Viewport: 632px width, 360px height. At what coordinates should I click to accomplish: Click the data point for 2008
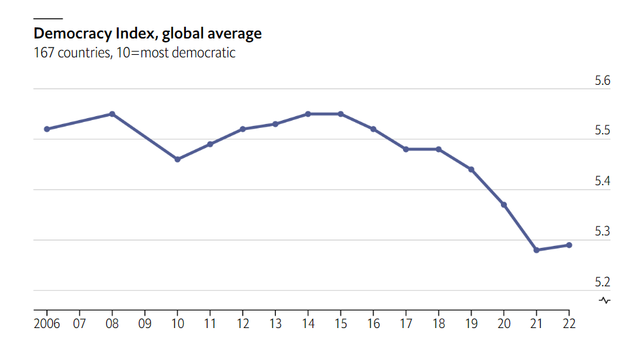point(112,114)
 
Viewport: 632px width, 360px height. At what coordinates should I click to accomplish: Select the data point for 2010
point(177,159)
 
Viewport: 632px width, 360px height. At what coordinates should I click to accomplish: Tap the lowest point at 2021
point(536,250)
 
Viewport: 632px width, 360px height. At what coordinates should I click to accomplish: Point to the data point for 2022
point(569,245)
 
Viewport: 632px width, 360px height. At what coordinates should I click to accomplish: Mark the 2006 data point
point(47,129)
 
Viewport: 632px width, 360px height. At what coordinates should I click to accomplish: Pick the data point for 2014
point(308,114)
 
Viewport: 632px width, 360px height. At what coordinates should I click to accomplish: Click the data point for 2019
point(471,170)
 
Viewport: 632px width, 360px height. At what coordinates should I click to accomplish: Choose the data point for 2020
point(504,205)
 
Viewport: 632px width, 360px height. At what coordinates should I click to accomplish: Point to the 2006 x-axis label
point(47,323)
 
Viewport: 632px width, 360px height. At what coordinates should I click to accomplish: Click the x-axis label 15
point(340,323)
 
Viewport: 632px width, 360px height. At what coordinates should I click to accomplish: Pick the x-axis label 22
point(569,323)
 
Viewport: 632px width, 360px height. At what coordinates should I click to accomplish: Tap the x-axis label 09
point(145,323)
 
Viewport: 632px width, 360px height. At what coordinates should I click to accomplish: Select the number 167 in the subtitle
point(44,53)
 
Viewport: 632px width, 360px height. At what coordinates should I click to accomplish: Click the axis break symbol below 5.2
point(605,300)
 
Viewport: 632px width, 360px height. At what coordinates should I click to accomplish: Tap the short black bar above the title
point(48,19)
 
